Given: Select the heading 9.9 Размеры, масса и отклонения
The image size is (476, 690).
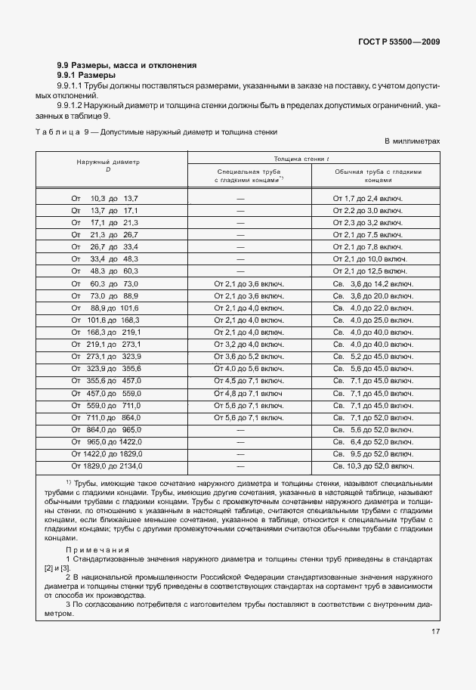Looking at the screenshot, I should pyautogui.click(x=127, y=66).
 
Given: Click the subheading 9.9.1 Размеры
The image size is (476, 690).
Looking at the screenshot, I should pyautogui.click(x=87, y=76).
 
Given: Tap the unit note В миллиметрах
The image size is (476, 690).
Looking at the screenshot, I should pyautogui.click(x=411, y=141).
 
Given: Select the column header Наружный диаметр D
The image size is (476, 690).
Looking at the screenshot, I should pyautogui.click(x=108, y=166).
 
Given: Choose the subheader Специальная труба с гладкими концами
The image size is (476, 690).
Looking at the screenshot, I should pyautogui.click(x=249, y=176).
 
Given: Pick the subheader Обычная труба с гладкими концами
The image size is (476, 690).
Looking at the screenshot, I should pyautogui.click(x=378, y=176).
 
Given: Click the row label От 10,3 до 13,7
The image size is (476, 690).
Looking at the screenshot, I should pyautogui.click(x=105, y=198).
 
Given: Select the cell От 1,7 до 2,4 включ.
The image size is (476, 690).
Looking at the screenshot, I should pyautogui.click(x=367, y=198).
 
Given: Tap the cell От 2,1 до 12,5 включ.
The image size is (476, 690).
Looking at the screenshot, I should pyautogui.click(x=369, y=271).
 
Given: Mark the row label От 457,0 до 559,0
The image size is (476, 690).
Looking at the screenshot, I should pyautogui.click(x=106, y=393).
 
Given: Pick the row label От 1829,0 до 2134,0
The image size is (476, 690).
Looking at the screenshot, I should pyautogui.click(x=106, y=466).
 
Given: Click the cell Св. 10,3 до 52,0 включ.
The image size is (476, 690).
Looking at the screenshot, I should pyautogui.click(x=372, y=466).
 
